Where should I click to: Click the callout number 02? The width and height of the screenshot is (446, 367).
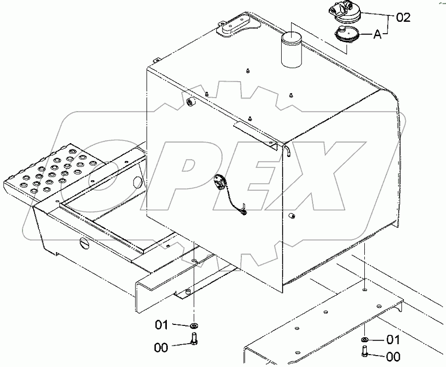point(403,18)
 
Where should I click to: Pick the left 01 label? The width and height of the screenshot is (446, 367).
point(162,325)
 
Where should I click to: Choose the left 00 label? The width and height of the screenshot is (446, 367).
point(161,348)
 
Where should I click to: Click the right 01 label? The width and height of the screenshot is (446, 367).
point(393,340)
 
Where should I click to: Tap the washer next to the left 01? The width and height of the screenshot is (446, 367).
point(194,325)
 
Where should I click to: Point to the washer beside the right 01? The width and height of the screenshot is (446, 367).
point(364,340)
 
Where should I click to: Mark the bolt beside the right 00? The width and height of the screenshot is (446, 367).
point(364,352)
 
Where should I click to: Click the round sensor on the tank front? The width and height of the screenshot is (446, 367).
point(219,182)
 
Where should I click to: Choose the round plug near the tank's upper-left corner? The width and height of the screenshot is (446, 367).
point(190,102)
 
